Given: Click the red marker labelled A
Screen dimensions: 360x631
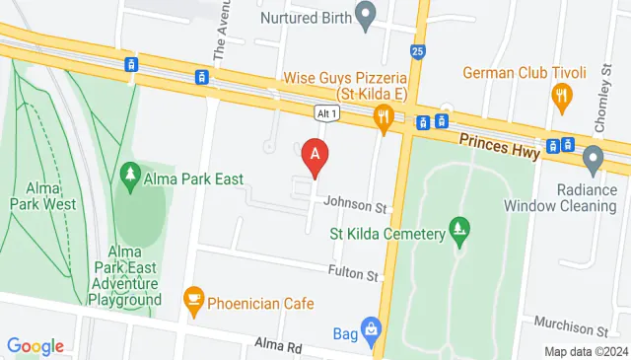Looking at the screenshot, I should point(315,155).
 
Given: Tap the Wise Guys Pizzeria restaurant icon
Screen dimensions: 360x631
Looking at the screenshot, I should point(383,118).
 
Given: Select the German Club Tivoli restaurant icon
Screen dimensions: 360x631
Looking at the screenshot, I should point(562,95).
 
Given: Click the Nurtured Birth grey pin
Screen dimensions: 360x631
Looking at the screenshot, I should point(367,16).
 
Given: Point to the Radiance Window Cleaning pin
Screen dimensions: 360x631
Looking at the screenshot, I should point(593,157).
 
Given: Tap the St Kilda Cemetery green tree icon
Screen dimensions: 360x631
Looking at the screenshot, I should point(458,231).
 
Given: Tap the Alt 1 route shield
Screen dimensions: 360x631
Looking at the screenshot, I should point(328,113).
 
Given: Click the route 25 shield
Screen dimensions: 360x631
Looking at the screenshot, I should point(418,50).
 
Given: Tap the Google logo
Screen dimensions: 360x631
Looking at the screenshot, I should point(35,346).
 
